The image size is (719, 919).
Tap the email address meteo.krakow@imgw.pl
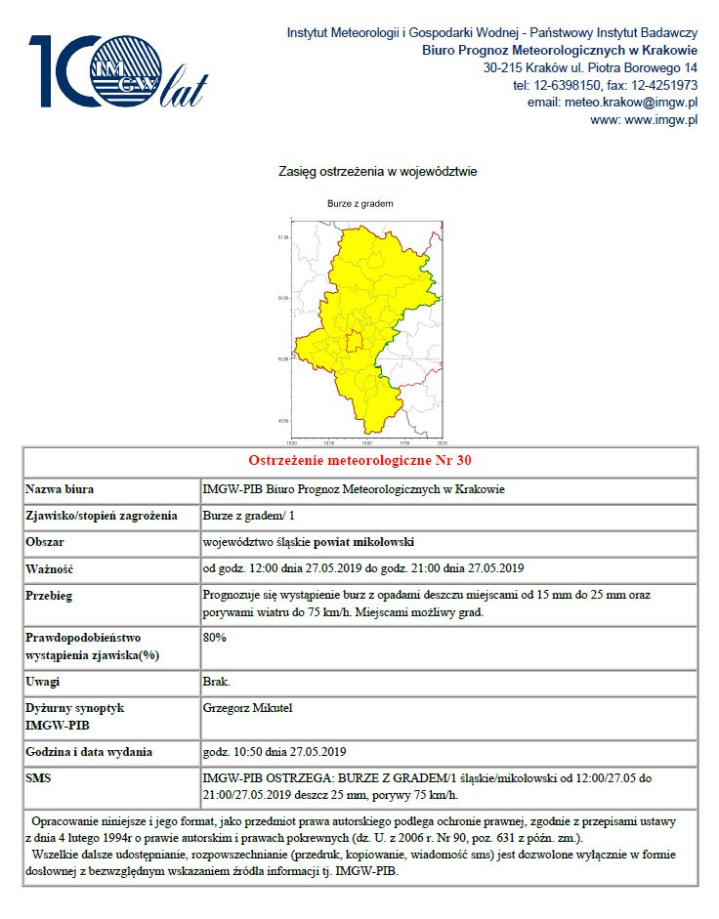(x=612, y=103)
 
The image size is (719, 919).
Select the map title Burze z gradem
(x=359, y=203)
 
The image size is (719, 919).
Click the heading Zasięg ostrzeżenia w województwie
(x=378, y=172)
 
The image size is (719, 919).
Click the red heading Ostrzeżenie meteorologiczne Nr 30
(x=359, y=461)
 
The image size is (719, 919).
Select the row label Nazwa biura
(x=61, y=489)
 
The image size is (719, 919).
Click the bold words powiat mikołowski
(x=368, y=542)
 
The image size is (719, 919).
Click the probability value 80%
(x=215, y=638)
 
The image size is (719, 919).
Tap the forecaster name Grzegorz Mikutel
(x=250, y=706)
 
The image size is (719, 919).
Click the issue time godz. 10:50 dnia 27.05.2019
(x=275, y=751)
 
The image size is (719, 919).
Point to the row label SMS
(x=38, y=777)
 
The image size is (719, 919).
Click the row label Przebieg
(x=50, y=595)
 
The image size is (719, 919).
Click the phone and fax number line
(x=604, y=85)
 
